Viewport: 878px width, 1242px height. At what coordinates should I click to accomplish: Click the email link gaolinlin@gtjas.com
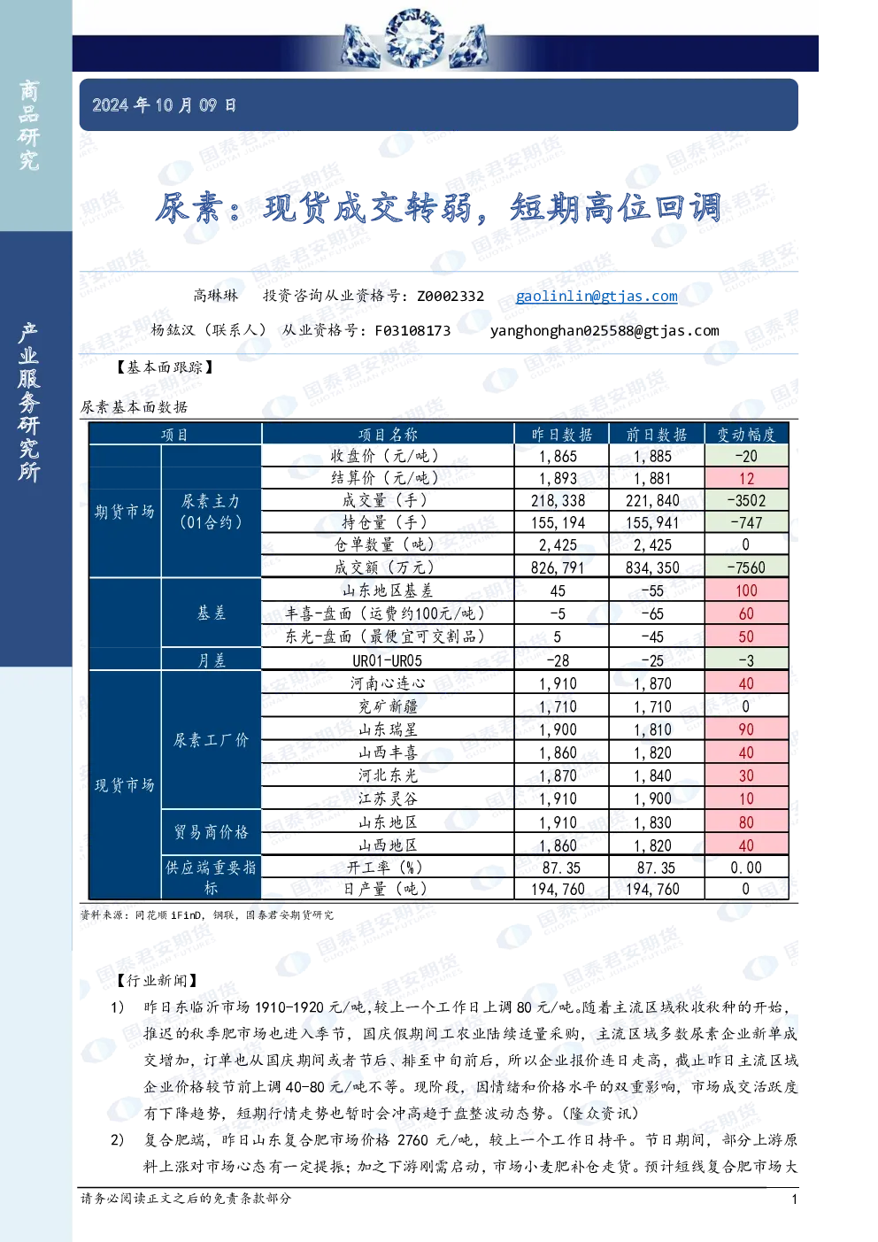click(x=597, y=296)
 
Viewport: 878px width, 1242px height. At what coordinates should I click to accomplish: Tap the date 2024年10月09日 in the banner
click(x=164, y=104)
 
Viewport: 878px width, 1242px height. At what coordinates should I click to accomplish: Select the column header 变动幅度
click(x=746, y=434)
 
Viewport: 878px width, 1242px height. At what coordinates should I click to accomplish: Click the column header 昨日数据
click(x=561, y=434)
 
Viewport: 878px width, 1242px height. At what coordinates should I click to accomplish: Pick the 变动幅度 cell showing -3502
click(x=746, y=501)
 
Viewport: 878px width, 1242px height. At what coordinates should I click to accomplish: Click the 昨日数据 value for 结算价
click(x=558, y=479)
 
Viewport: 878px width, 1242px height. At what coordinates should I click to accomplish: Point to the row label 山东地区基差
click(x=388, y=590)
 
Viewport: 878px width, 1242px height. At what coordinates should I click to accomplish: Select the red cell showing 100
click(x=746, y=590)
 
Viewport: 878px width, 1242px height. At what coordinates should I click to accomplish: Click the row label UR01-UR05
click(x=388, y=660)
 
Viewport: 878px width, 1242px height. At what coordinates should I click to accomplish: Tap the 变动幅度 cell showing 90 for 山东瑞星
click(x=746, y=729)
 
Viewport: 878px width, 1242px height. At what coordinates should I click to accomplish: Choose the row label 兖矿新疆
click(x=388, y=706)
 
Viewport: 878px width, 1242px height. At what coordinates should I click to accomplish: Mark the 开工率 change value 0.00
click(x=746, y=868)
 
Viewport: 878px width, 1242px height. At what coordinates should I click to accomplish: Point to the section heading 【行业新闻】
click(x=157, y=981)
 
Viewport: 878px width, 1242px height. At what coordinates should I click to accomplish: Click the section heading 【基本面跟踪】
click(x=165, y=367)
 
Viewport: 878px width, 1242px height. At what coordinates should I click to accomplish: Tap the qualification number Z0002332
click(x=451, y=296)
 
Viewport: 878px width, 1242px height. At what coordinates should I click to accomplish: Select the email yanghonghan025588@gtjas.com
click(x=605, y=331)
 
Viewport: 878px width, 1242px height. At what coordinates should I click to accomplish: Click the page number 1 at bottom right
click(x=794, y=1199)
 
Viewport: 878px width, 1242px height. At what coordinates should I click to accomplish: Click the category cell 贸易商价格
click(x=212, y=832)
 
